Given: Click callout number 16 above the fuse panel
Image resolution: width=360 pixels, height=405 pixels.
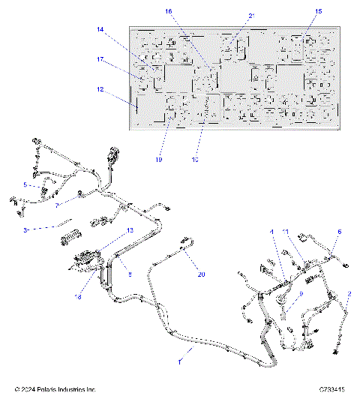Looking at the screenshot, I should tap(168, 11).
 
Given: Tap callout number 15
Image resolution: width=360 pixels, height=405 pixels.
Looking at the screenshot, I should tap(319, 11).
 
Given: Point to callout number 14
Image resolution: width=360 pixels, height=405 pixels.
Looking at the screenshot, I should tap(100, 29).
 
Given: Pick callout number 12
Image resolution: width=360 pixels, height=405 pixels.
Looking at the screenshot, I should tap(100, 90).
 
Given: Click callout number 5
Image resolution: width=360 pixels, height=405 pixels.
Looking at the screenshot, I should tap(25, 184).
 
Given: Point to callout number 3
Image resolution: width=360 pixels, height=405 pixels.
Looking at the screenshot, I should tap(25, 229).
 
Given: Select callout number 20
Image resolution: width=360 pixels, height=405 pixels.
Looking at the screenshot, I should tap(201, 274).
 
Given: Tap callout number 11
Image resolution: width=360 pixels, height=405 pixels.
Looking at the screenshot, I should tap(285, 232).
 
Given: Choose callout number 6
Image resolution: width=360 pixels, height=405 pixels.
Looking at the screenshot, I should tap(339, 232).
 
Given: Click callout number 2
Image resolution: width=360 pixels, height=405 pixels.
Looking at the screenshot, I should tap(349, 293).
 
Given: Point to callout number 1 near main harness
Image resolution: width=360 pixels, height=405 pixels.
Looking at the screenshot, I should tap(179, 361).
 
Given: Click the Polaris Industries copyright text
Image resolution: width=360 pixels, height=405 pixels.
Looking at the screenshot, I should tap(55, 390).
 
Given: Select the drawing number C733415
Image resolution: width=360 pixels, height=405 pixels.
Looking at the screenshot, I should tap(331, 390).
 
